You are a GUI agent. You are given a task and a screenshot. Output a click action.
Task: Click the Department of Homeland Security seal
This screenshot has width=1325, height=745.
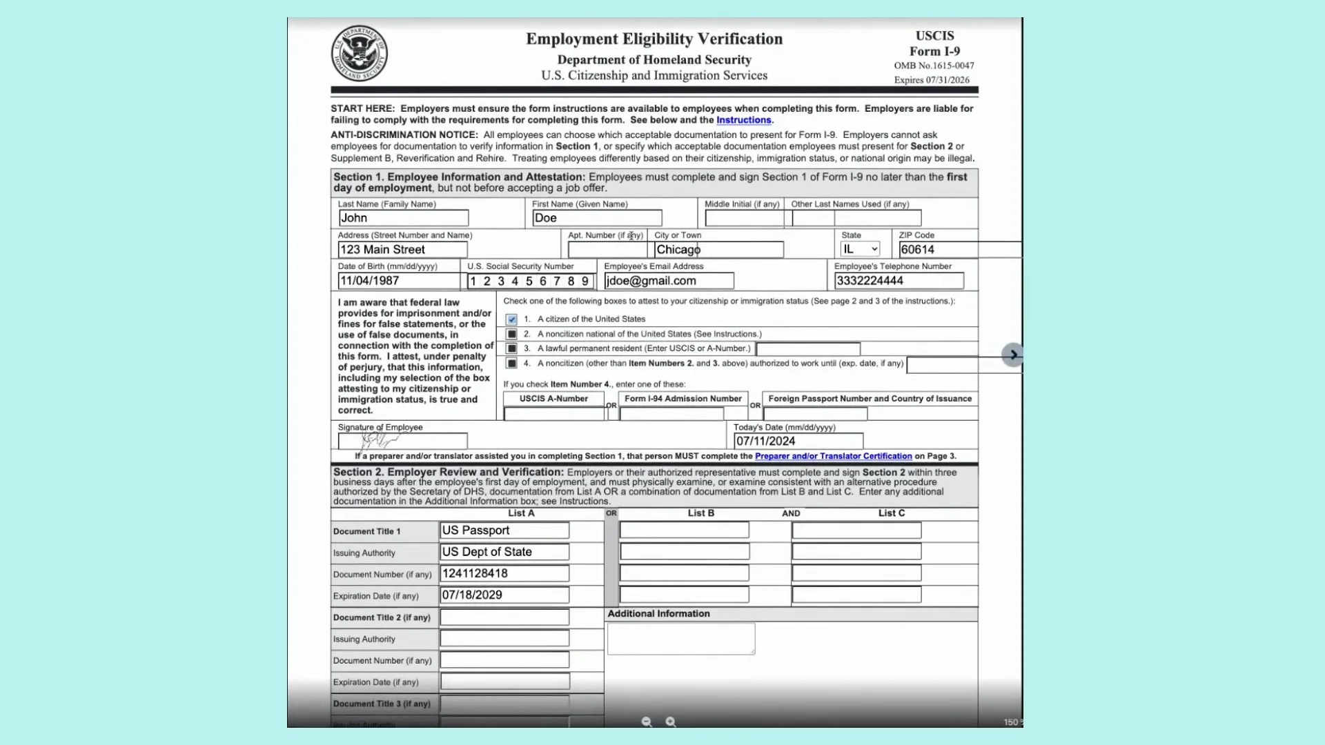[359, 54]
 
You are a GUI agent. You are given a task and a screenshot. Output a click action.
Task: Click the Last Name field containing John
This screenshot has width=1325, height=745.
[403, 218]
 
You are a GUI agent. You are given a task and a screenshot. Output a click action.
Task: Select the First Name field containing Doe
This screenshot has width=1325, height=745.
[596, 218]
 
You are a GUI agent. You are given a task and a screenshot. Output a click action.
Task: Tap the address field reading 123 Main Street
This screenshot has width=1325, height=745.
[402, 250]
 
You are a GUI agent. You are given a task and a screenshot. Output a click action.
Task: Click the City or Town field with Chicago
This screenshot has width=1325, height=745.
[718, 250]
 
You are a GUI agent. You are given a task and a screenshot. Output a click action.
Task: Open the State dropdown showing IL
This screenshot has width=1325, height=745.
[860, 249]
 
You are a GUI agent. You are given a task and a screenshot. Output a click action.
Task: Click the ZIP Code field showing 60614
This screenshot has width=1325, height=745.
[959, 250]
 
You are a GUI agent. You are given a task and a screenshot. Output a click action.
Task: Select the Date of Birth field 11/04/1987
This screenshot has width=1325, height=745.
[398, 281]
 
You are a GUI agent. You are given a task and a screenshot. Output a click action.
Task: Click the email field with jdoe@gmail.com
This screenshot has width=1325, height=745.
[668, 281]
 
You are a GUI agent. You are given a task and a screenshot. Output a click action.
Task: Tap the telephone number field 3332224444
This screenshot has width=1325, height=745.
[899, 281]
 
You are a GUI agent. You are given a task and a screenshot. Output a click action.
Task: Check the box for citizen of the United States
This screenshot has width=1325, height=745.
[511, 319]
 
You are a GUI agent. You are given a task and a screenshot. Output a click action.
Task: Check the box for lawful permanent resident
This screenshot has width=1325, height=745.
[511, 348]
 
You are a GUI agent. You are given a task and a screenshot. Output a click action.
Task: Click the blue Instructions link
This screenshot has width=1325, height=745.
[743, 120]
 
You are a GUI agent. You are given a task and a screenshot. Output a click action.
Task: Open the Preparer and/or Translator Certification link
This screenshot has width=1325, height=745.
[833, 456]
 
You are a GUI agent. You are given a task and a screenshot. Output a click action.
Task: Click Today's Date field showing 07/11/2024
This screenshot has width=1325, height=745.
[798, 441]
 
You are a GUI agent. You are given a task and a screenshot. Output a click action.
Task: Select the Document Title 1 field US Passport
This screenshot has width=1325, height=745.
[504, 530]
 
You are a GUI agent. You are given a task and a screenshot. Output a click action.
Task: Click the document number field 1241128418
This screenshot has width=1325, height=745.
[504, 573]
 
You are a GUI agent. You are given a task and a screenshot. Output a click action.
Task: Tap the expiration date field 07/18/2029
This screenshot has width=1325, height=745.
[504, 595]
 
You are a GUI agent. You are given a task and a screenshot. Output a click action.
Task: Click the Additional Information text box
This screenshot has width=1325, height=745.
[680, 639]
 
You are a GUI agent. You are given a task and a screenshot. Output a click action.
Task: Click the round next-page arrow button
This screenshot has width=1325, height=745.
[1012, 355]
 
